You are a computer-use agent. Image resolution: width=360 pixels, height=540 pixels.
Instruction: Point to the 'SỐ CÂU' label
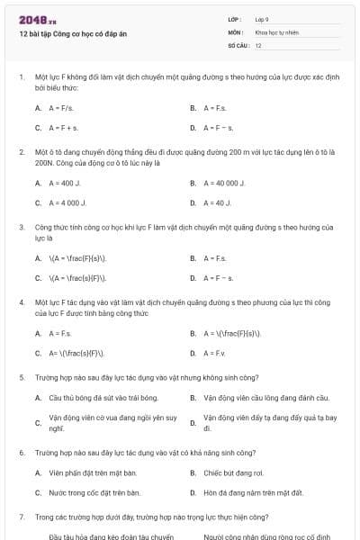point(238,44)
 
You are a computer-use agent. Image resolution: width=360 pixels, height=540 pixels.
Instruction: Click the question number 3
point(21,228)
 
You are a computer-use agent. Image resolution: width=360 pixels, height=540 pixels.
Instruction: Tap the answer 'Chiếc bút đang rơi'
point(233,472)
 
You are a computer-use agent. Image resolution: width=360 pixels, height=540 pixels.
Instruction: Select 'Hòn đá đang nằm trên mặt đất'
point(253,492)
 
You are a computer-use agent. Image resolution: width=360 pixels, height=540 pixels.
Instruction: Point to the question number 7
point(21,517)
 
